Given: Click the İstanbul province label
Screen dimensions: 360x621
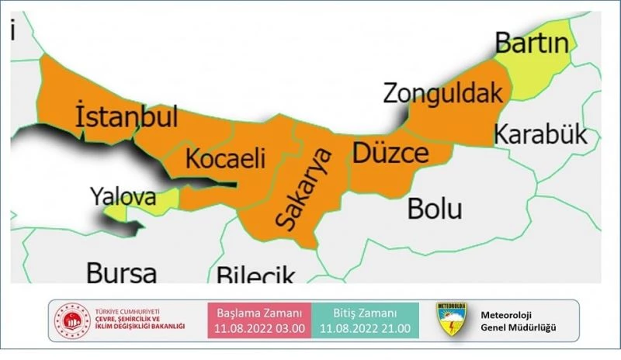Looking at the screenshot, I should [x=127, y=116].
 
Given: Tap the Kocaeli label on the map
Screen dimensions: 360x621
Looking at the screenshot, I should [x=226, y=159].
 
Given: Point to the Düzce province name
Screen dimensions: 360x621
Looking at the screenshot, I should [x=390, y=152].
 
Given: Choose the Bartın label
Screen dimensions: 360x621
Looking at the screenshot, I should [x=532, y=42].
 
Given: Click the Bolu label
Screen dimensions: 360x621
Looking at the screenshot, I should [x=435, y=208].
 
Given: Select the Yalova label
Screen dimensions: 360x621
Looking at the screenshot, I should [x=122, y=196].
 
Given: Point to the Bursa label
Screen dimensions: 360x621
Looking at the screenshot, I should [x=121, y=272].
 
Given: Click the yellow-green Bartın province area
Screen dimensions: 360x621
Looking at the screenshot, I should [x=543, y=70].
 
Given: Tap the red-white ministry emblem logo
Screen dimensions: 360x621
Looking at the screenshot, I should [x=72, y=320].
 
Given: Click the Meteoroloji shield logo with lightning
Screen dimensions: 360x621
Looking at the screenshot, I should [x=451, y=320].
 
